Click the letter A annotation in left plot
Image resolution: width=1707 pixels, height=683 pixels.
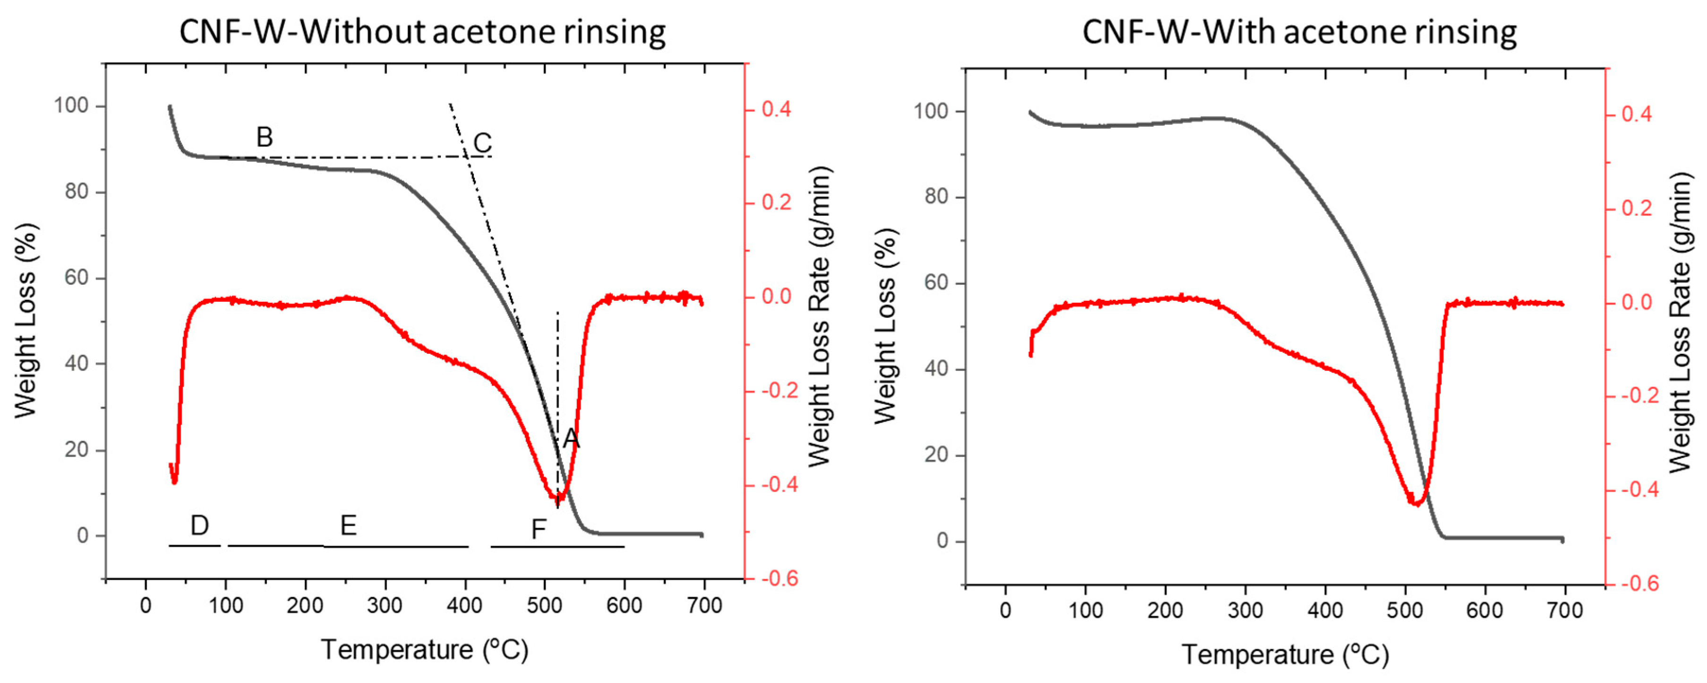tap(571, 438)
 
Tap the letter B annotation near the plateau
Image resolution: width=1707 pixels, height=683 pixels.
tap(265, 137)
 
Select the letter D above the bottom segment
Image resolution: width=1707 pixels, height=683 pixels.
tap(199, 525)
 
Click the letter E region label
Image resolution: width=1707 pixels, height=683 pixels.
tap(349, 525)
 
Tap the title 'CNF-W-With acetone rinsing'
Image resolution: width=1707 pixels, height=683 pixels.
tap(1299, 32)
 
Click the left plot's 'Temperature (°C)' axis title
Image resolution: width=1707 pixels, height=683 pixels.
tap(425, 649)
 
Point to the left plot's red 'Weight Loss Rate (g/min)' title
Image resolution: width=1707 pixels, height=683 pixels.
tap(820, 317)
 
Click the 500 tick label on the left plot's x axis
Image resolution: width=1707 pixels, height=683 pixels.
tap(545, 605)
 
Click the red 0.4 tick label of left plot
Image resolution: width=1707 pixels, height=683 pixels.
tap(775, 109)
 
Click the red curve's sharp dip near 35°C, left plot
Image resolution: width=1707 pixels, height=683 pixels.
tap(174, 482)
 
